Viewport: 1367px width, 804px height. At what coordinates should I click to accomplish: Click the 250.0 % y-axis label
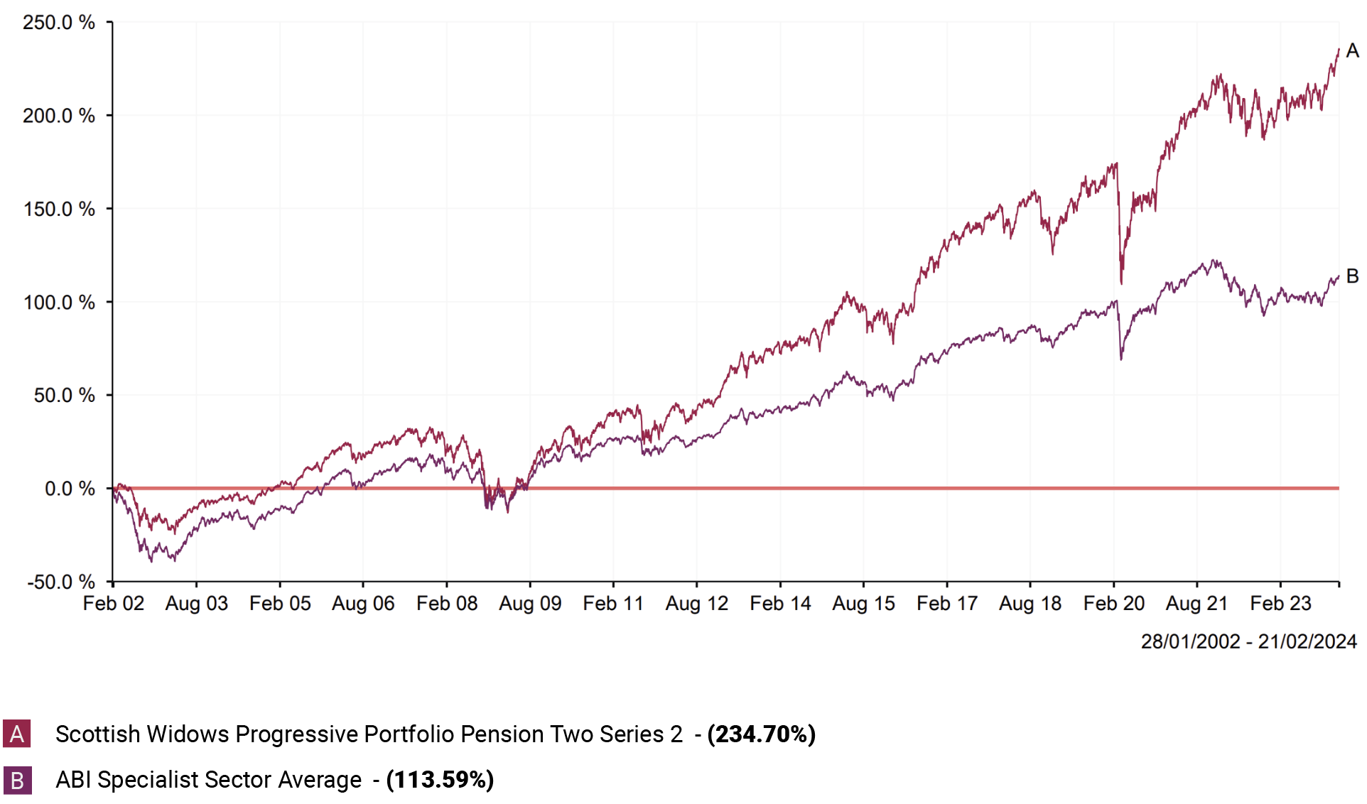59,23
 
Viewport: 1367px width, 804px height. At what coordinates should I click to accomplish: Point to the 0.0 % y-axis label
70,489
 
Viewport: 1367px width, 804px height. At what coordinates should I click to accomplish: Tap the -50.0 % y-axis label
61,582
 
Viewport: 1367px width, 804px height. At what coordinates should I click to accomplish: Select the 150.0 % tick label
59,209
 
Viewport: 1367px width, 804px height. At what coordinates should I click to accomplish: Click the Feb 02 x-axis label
114,604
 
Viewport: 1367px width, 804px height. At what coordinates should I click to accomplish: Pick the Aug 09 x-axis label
530,604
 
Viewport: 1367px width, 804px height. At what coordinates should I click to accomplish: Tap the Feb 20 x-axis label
1113,604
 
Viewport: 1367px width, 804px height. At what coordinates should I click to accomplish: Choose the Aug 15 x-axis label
863,604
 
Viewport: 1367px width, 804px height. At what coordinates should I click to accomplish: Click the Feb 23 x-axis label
1280,604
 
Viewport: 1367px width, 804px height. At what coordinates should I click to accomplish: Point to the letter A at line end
1352,51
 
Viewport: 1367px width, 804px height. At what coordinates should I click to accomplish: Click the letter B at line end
1352,276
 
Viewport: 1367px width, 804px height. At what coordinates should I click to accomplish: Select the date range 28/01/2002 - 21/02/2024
1248,642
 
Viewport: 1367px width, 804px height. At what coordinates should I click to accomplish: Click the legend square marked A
17,734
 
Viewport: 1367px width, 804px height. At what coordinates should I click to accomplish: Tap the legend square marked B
17,780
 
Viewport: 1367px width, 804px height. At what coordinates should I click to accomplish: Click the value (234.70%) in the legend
761,734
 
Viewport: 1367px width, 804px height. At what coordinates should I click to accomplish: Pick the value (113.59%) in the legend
440,780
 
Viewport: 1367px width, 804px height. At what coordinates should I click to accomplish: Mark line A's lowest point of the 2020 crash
1121,283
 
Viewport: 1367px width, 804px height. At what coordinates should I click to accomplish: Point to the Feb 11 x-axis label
613,604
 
